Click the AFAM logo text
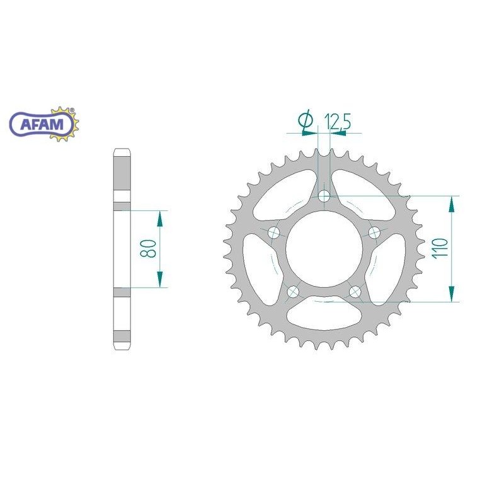point(42,124)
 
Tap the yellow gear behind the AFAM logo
point(65,124)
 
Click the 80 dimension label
point(148,248)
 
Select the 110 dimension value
point(440,248)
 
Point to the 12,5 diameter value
point(337,121)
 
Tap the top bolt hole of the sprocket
point(324,195)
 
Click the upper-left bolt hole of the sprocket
point(274,232)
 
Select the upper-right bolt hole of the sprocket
point(374,232)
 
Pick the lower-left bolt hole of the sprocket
point(293,292)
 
